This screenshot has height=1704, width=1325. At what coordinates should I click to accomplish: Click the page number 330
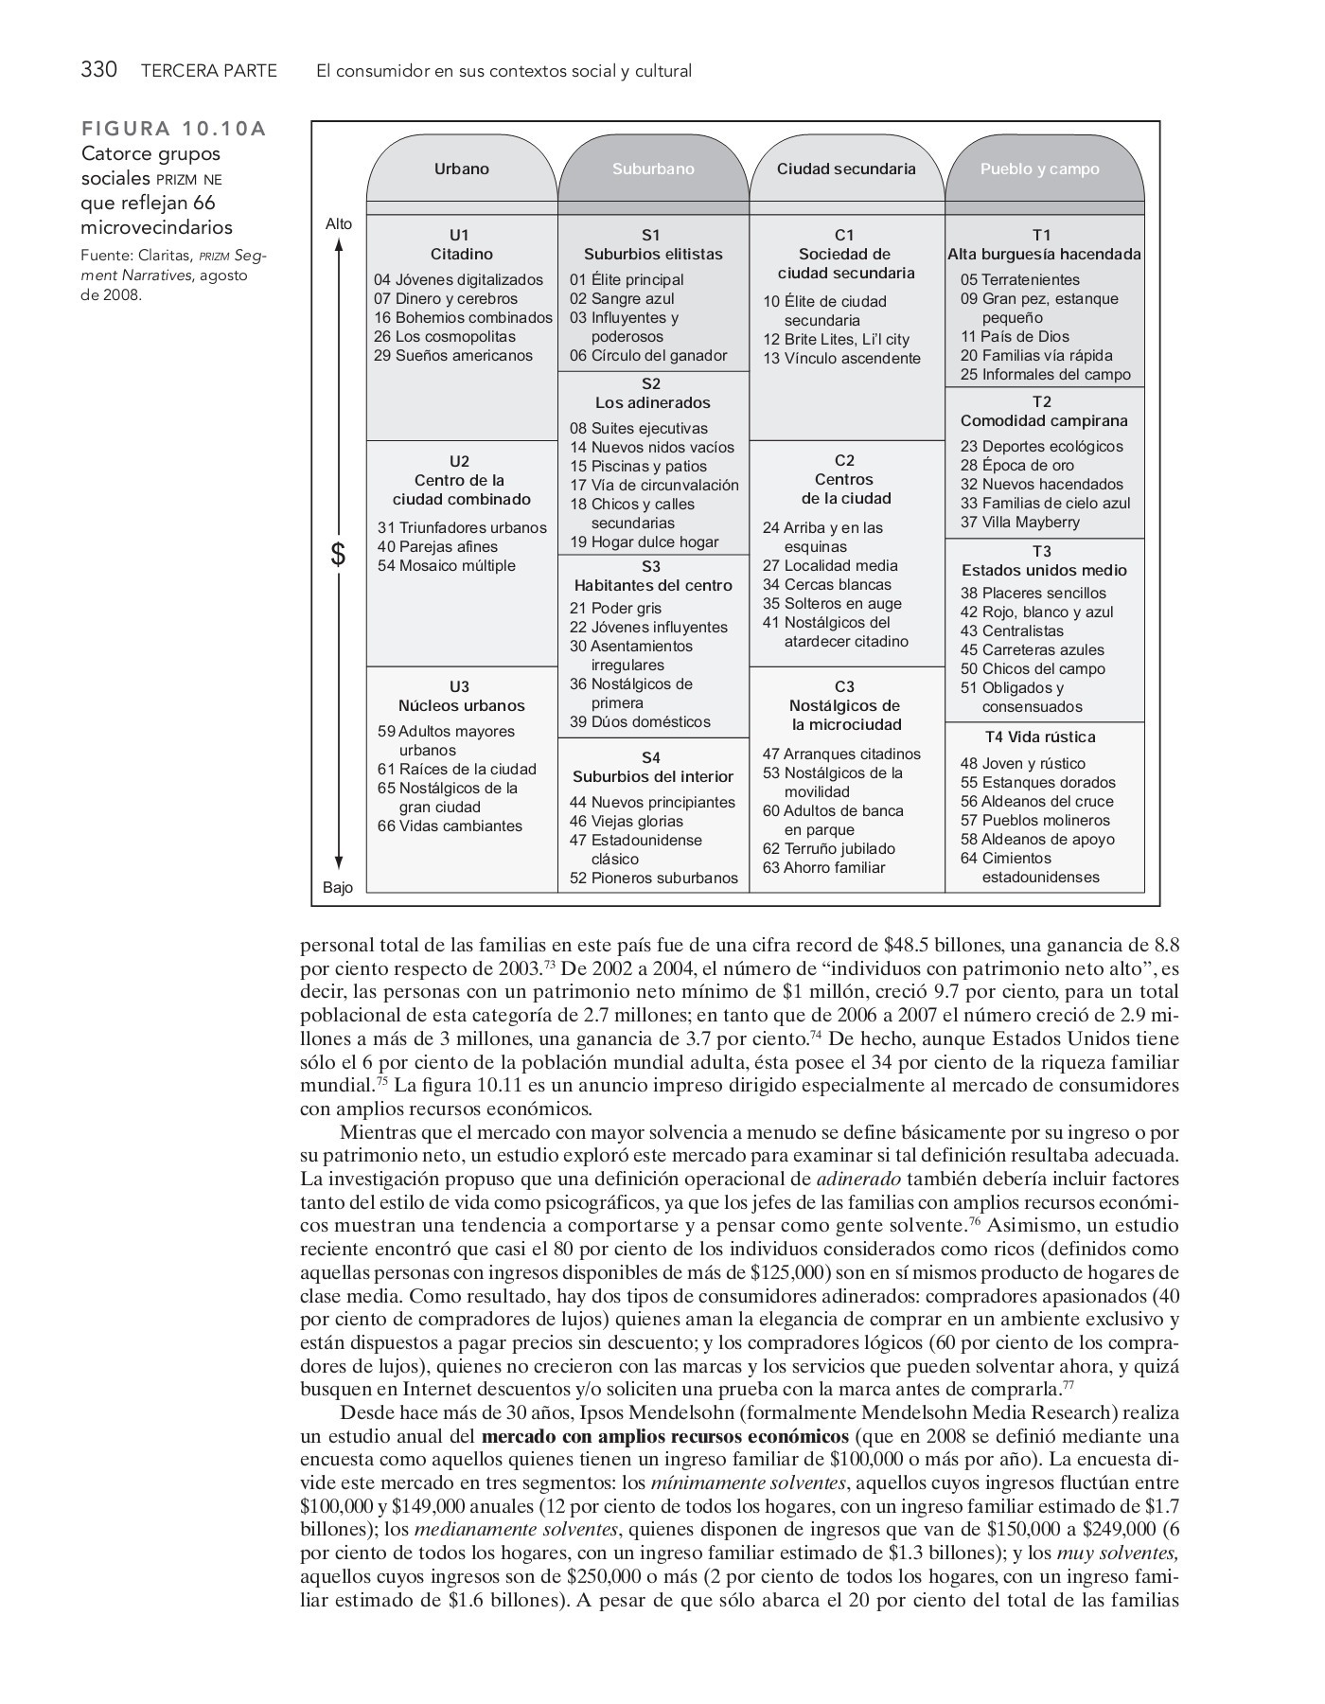pyautogui.click(x=98, y=70)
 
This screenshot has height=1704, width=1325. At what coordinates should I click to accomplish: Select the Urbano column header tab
pyautogui.click(x=461, y=169)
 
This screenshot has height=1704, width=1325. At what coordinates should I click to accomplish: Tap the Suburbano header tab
pyautogui.click(x=653, y=169)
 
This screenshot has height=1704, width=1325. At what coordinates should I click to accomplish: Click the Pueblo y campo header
pyautogui.click(x=1039, y=169)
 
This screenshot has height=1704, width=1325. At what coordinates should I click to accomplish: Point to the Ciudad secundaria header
pyautogui.click(x=846, y=169)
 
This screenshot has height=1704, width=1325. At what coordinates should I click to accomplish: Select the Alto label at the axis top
pyautogui.click(x=338, y=224)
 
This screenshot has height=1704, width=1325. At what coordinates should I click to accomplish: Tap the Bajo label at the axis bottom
pyautogui.click(x=337, y=887)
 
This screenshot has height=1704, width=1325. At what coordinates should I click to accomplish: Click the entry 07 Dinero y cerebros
pyautogui.click(x=446, y=298)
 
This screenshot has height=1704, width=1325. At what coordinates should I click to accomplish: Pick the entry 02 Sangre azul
pyautogui.click(x=622, y=298)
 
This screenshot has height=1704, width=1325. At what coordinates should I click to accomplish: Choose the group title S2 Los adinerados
pyautogui.click(x=652, y=393)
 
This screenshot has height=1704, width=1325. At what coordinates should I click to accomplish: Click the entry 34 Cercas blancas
pyautogui.click(x=827, y=584)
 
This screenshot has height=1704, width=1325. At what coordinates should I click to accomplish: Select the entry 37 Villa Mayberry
pyautogui.click(x=1019, y=522)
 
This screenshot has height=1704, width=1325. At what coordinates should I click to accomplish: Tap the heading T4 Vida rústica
pyautogui.click(x=1040, y=737)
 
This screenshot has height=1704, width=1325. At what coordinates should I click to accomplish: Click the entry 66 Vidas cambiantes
pyautogui.click(x=450, y=825)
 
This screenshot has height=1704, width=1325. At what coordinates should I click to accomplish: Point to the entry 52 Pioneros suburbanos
pyautogui.click(x=653, y=878)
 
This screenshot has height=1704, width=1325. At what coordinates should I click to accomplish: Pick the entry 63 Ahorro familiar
pyautogui.click(x=823, y=867)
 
